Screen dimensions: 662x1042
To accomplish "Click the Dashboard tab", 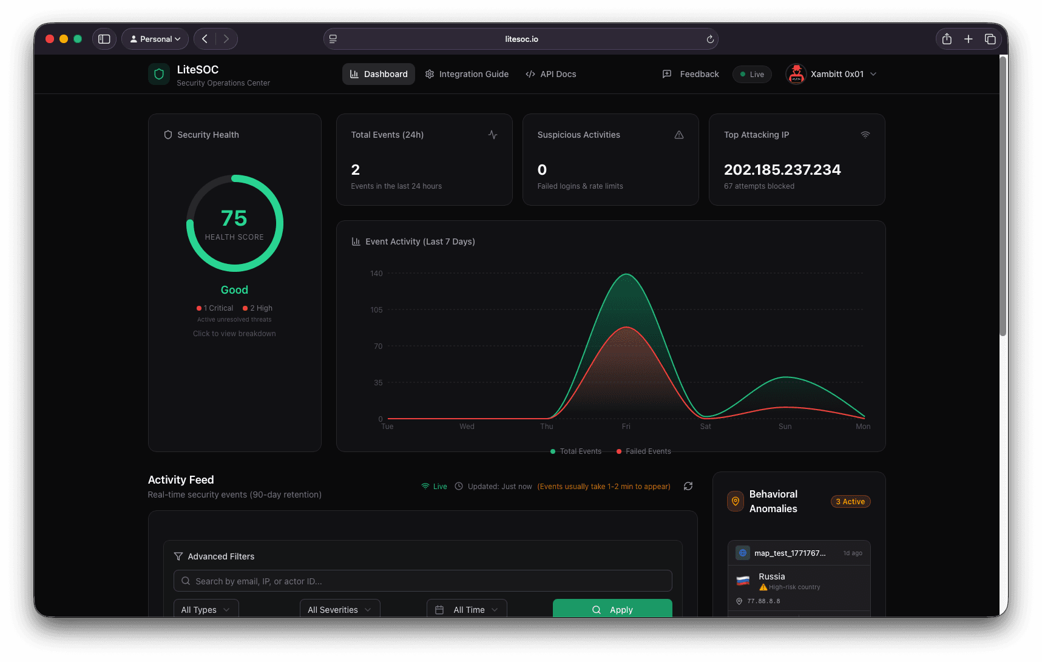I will coord(379,74).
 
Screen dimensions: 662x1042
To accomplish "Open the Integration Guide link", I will coord(467,74).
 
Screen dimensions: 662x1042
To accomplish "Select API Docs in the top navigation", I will coord(551,74).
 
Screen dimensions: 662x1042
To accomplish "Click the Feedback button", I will coord(691,74).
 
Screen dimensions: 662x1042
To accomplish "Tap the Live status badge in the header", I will coord(752,75).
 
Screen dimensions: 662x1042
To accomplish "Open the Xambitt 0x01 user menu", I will coord(831,74).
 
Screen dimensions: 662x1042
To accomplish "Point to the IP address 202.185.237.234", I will coord(782,170).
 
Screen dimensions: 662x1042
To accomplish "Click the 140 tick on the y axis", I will coord(376,274).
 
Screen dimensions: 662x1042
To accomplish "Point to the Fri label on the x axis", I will coord(626,427).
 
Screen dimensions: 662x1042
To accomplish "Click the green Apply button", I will coord(612,609).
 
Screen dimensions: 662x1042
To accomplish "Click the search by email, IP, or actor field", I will coord(423,581).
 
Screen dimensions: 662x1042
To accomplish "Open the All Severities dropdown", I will coord(340,609).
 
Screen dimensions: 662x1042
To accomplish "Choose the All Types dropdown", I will coord(206,609).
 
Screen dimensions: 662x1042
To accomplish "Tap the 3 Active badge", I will coord(850,502).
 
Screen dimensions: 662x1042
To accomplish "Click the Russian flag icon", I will coord(743,581).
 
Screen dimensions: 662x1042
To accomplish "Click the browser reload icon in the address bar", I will coord(710,39).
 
